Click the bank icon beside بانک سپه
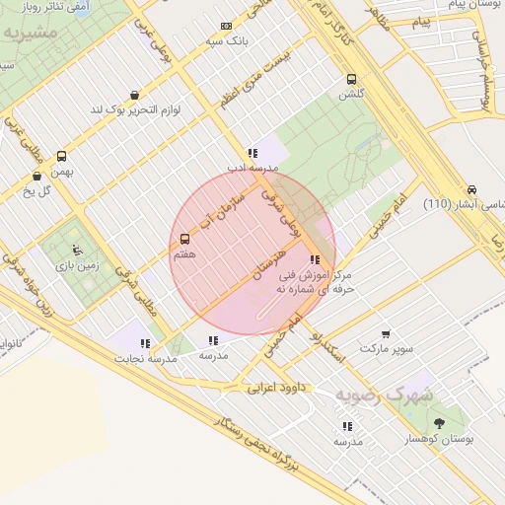point(227,27)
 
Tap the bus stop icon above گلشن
point(352,79)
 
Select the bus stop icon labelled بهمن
point(62,156)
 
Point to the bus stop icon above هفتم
point(184,239)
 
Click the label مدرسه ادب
point(253,169)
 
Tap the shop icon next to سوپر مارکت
point(385,334)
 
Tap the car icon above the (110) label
point(471,189)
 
